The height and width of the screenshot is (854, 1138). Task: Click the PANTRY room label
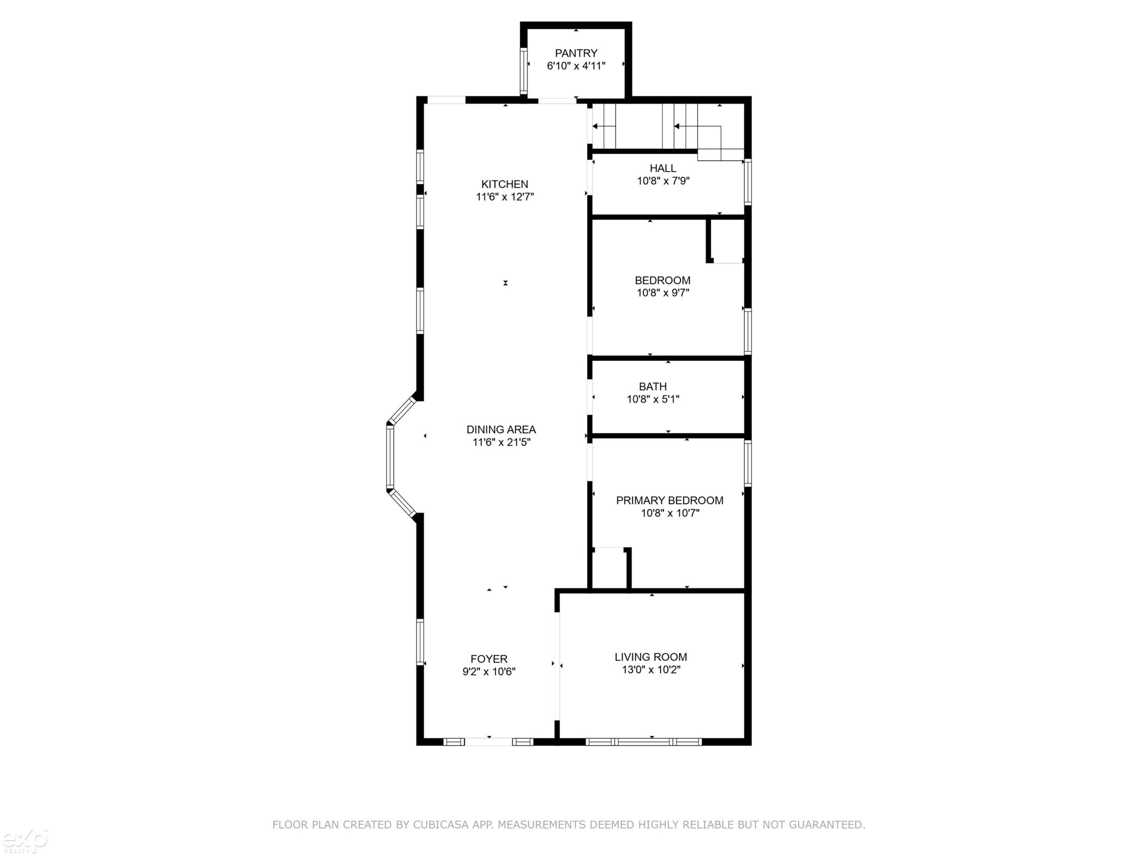(x=576, y=53)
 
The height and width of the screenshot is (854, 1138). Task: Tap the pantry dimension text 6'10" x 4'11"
(x=576, y=66)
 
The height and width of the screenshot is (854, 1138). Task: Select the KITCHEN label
(x=505, y=184)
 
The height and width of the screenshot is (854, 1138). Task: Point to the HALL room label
(x=663, y=168)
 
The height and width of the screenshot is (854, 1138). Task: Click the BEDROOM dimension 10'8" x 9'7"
(x=663, y=293)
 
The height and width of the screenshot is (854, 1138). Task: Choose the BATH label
(x=653, y=387)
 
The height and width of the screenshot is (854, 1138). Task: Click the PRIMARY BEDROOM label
(x=670, y=500)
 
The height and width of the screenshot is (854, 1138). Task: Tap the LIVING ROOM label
(x=651, y=657)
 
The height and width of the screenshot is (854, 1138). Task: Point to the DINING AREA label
(x=501, y=429)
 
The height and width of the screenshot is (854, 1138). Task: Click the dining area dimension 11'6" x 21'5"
(x=501, y=442)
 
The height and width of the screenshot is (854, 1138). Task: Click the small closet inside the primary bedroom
(x=609, y=568)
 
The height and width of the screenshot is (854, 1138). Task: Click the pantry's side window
(x=524, y=71)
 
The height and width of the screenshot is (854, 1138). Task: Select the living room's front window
(x=644, y=742)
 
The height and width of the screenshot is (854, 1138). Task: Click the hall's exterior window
(x=748, y=182)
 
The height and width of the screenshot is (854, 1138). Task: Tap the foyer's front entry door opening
(x=489, y=742)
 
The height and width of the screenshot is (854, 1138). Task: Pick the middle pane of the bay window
(x=390, y=457)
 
